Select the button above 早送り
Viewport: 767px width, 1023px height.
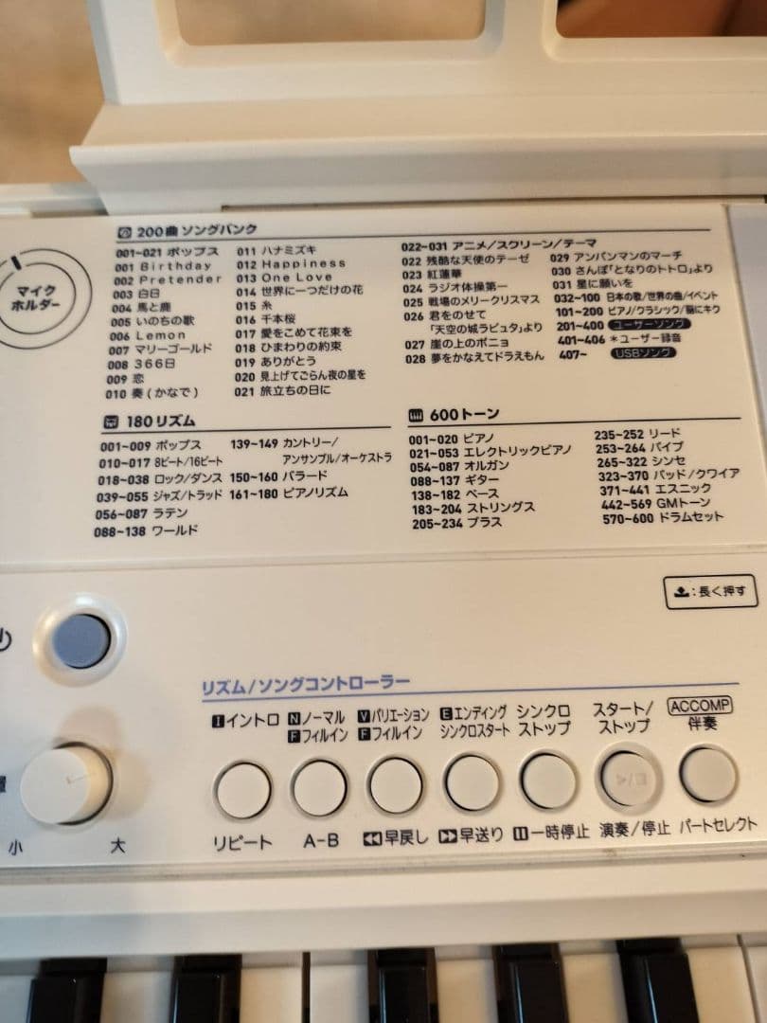point(472,783)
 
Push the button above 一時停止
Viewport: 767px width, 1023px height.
point(548,781)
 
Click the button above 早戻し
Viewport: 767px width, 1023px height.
point(396,785)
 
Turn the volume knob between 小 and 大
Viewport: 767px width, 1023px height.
point(66,783)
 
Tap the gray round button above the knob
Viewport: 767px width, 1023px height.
point(81,641)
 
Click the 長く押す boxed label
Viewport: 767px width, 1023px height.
point(710,593)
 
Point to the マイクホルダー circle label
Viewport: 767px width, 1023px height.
point(36,296)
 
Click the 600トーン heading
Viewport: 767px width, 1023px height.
point(454,415)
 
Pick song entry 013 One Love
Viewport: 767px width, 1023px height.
point(283,278)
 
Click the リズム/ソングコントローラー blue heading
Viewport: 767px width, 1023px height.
point(305,684)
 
